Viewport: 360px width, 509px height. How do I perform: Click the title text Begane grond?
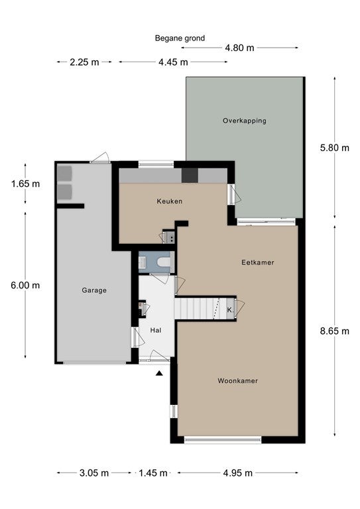click(180, 38)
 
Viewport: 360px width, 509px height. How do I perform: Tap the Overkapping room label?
click(245, 121)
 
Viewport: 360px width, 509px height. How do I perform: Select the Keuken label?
click(170, 201)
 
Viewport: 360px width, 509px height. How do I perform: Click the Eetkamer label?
click(258, 262)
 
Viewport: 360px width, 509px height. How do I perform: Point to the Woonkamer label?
click(238, 381)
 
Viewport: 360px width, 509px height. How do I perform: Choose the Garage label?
click(94, 290)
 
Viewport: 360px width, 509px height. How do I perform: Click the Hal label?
click(156, 331)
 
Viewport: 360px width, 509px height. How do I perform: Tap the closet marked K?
click(230, 310)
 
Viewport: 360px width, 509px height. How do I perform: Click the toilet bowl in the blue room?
click(164, 262)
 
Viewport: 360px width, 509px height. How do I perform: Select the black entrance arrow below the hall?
click(159, 373)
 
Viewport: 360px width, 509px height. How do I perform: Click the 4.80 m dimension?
click(239, 48)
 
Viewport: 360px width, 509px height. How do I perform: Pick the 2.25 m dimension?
click(84, 62)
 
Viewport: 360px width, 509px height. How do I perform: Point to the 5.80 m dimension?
click(335, 148)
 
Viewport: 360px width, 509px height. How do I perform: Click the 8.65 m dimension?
click(335, 331)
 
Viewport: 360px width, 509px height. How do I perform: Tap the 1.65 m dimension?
click(25, 184)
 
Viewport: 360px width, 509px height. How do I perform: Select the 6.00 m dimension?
click(25, 286)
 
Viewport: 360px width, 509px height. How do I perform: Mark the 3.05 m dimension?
click(94, 473)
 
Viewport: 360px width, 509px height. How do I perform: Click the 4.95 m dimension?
click(238, 473)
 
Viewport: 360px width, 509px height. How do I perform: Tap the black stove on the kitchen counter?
click(190, 176)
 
